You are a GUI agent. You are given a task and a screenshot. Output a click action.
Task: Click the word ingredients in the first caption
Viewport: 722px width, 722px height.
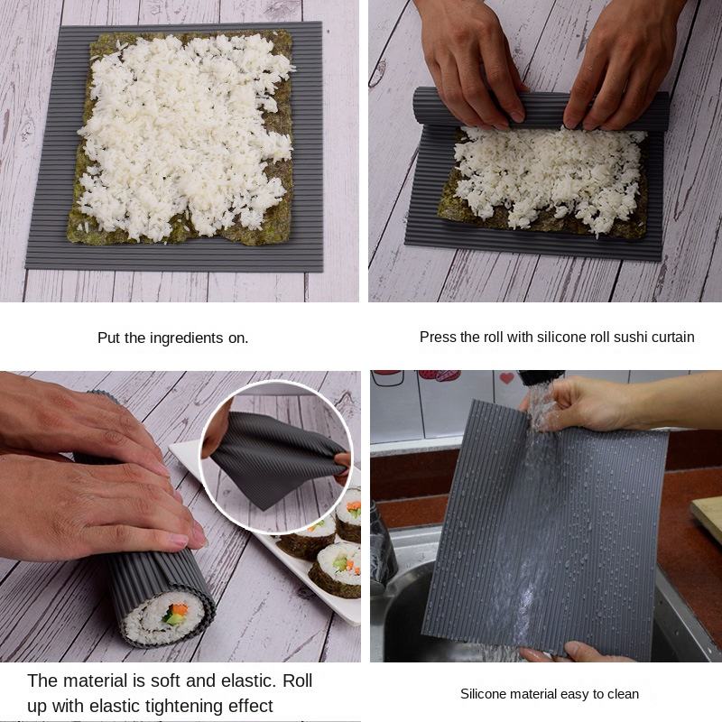tap(187, 338)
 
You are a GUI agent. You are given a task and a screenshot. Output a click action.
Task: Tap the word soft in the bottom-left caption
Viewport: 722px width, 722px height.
tap(165, 680)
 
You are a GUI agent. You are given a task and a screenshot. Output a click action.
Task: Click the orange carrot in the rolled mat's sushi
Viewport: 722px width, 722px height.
tap(179, 609)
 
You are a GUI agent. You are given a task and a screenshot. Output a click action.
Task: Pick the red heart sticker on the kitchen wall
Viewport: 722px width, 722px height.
tap(506, 378)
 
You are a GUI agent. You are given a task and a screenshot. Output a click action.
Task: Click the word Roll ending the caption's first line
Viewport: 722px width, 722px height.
tap(298, 680)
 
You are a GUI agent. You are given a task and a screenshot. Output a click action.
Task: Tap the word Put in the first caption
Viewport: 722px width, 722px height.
tap(108, 338)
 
